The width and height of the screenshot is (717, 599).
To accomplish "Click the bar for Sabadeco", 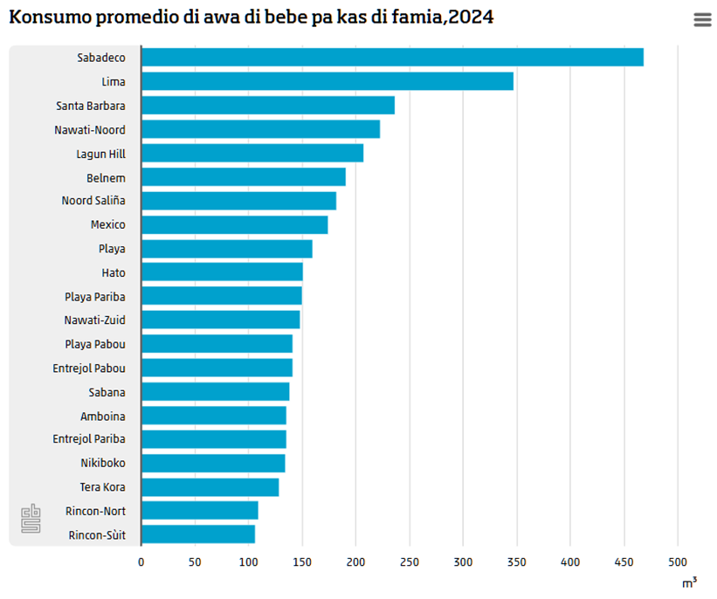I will coord(391,58).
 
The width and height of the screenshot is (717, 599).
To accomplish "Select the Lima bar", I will coord(327,82).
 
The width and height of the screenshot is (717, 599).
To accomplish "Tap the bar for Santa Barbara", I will coord(267,106).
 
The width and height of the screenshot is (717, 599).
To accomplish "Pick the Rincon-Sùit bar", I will coord(197,534).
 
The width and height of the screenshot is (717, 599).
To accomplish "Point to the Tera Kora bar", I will coord(210,487).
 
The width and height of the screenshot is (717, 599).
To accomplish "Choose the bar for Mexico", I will coord(234,224).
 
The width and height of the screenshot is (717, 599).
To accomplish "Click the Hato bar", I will coord(222,272).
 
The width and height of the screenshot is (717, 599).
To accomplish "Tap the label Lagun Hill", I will coord(100,154).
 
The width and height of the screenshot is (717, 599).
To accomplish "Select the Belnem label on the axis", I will coord(106,177).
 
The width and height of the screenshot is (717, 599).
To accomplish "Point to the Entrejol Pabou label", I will coord(89,368).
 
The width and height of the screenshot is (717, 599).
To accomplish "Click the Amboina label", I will coord(103,416).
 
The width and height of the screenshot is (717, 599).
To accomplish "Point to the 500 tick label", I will coord(678,562).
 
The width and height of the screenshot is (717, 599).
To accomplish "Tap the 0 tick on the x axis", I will coord(141,562).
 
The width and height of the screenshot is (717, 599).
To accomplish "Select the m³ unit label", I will coord(689,582).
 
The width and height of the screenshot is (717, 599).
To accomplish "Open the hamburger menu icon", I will coord(702,20).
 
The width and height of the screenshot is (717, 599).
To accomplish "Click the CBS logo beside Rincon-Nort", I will coord(31,518).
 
